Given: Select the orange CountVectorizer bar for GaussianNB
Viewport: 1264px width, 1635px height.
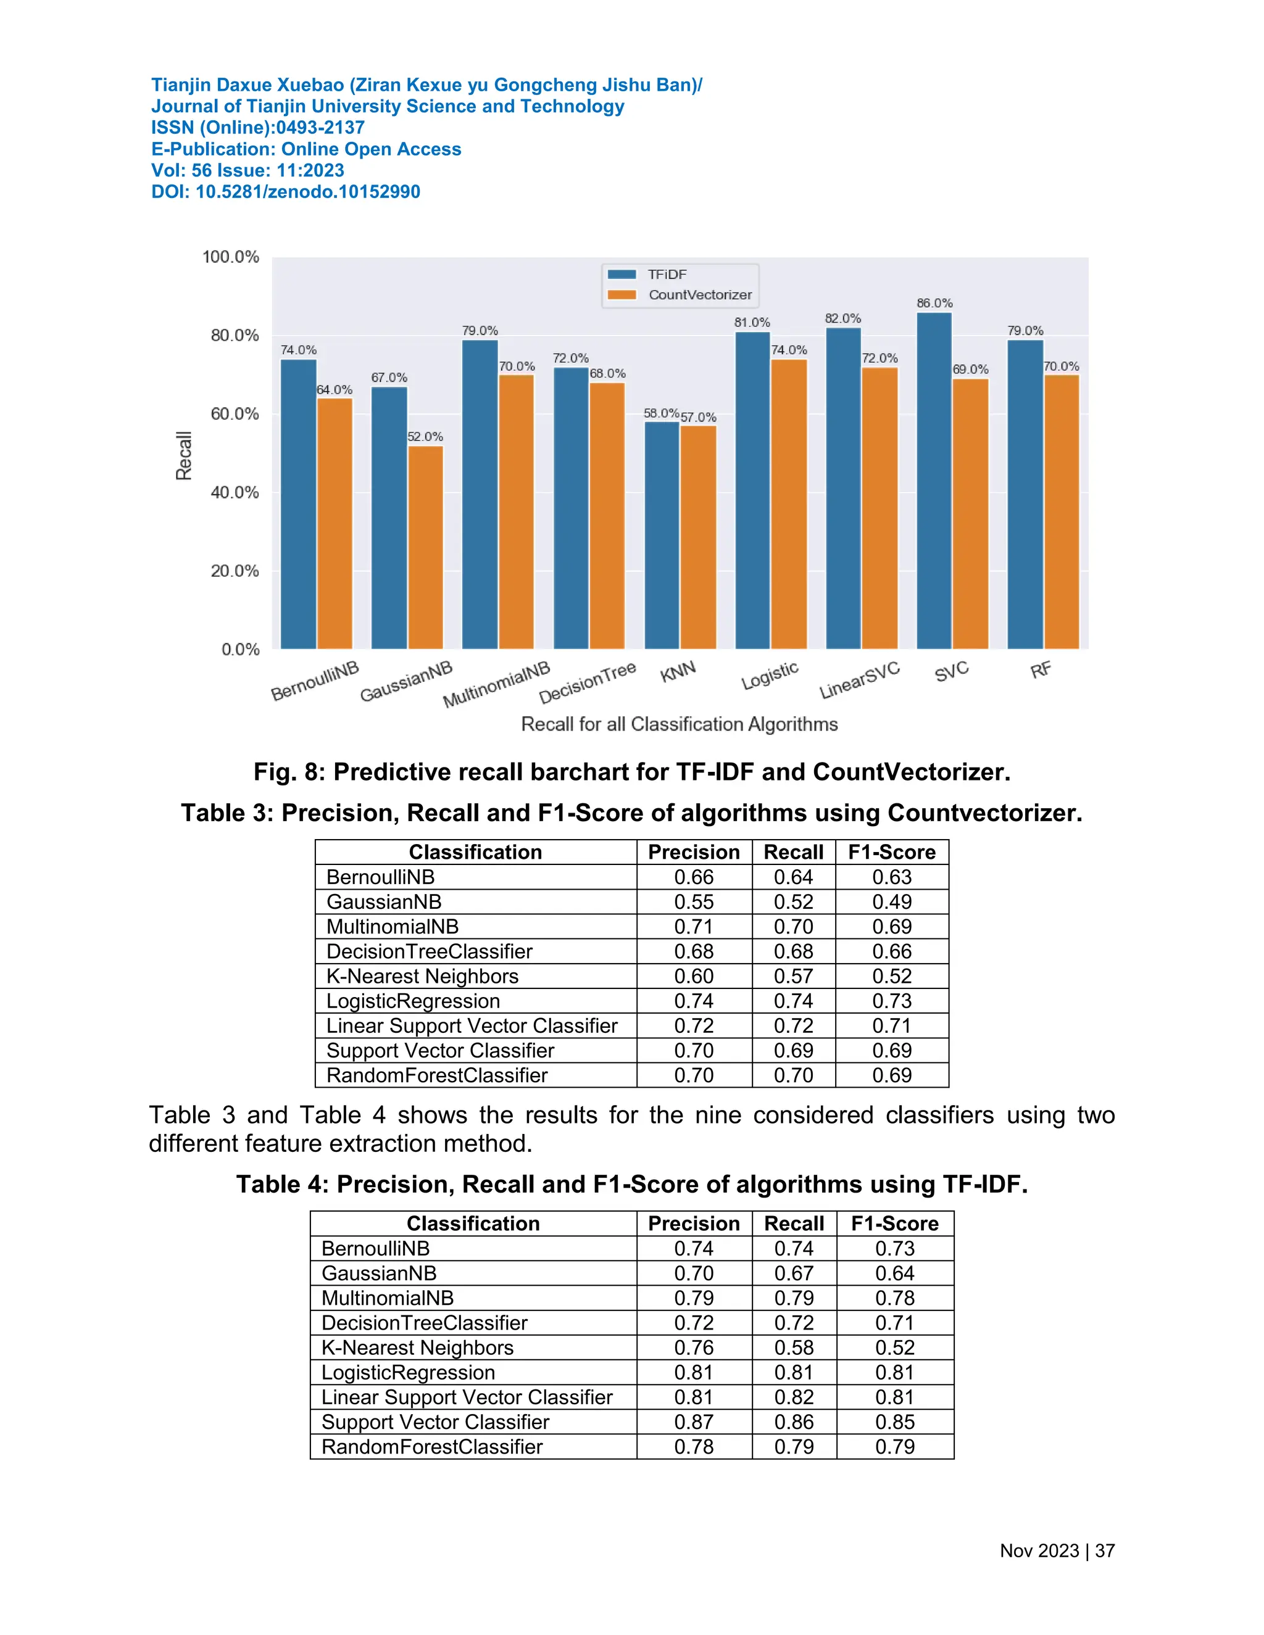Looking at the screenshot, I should point(425,547).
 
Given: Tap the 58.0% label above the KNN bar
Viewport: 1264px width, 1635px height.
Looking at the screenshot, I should point(660,413).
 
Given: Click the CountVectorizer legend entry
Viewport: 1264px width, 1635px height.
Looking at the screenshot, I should point(699,295).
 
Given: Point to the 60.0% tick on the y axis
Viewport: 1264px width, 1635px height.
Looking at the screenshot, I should point(235,414).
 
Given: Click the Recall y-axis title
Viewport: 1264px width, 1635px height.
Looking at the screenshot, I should point(183,455).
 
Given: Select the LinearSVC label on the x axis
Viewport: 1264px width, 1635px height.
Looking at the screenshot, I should point(859,681).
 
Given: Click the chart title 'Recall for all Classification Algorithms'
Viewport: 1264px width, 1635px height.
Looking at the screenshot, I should point(679,724).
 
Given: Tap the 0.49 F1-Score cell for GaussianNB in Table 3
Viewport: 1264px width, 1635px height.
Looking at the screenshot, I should point(892,902).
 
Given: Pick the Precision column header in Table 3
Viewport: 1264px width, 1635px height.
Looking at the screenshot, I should point(693,852).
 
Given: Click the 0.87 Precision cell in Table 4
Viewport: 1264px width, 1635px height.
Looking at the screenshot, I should point(693,1422).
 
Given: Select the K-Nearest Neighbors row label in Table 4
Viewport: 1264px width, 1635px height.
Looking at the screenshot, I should point(417,1347).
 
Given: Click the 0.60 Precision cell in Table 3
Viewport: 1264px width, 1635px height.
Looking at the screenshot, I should point(693,976).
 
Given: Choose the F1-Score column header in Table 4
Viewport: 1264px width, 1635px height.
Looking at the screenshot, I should point(894,1223).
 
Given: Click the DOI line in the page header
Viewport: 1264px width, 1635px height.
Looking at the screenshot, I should point(285,192).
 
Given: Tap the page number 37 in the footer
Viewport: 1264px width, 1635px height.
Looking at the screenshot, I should point(1105,1550).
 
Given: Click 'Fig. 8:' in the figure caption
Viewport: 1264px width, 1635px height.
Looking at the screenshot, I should point(289,772).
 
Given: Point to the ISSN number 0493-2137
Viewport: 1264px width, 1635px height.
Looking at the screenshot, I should point(320,127).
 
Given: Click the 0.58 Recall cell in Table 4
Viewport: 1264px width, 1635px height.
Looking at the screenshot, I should point(794,1347).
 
